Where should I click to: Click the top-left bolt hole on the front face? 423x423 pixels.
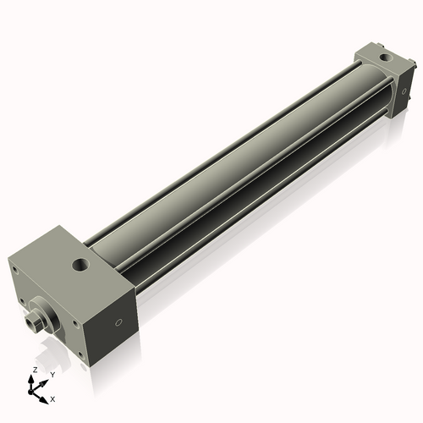click(15, 271)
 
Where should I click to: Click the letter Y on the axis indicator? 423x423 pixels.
click(52, 374)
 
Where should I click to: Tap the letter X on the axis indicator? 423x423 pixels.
click(52, 398)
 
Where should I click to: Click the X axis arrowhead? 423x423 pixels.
click(44, 395)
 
